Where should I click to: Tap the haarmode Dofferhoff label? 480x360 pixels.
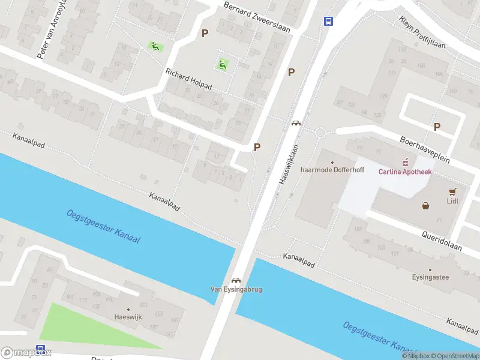pyautogui.click(x=332, y=170)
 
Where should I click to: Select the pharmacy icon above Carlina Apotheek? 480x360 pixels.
pyautogui.click(x=406, y=162)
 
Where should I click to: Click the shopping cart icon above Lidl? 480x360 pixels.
pyautogui.click(x=452, y=191)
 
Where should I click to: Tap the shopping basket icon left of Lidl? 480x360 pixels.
pyautogui.click(x=426, y=206)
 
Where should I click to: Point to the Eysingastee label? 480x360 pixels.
pyautogui.click(x=430, y=277)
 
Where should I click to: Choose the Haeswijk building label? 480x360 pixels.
pyautogui.click(x=128, y=317)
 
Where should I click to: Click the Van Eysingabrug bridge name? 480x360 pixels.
pyautogui.click(x=236, y=289)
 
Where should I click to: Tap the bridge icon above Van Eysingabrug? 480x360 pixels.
pyautogui.click(x=236, y=280)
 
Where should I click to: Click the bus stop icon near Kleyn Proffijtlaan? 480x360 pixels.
pyautogui.click(x=328, y=21)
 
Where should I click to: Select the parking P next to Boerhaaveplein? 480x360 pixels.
pyautogui.click(x=437, y=127)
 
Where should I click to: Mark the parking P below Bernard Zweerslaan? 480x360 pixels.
pyautogui.click(x=205, y=34)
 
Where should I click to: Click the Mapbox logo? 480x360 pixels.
pyautogui.click(x=26, y=353)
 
